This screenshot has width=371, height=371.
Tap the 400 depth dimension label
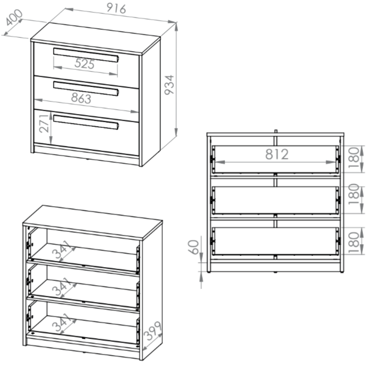tap(14, 17)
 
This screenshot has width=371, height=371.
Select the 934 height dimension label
tap(170, 85)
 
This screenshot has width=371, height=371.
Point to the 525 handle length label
tap(85, 64)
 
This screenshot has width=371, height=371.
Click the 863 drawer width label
tap(81, 98)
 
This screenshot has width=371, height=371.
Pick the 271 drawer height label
tap(44, 124)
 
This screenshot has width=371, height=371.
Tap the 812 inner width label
tap(277, 154)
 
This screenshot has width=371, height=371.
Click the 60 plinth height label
tap(194, 247)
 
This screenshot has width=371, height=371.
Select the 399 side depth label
tap(152, 331)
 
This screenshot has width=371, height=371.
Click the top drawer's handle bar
tap(86, 55)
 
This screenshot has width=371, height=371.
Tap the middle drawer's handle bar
tap(86, 89)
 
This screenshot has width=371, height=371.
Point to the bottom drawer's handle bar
tap(86, 122)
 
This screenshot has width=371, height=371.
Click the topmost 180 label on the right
tap(354, 158)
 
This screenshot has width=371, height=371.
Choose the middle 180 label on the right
tap(354, 194)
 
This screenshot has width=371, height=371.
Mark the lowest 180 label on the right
tap(354, 243)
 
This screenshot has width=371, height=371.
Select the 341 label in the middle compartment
tap(62, 286)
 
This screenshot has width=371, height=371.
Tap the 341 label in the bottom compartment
tap(62, 322)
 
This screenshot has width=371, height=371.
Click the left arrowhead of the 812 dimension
tap(220, 162)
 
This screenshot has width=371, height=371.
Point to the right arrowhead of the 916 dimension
tap(172, 22)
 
